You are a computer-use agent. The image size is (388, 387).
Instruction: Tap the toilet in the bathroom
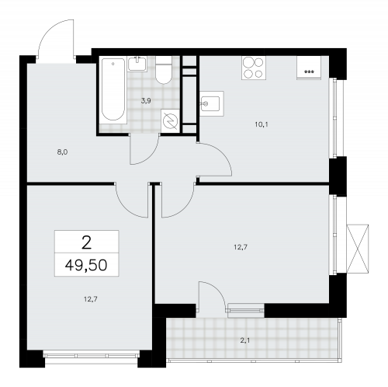[x=164, y=72]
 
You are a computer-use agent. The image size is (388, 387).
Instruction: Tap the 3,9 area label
[x=145, y=100]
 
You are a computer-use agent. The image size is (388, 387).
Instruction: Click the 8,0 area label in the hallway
[x=63, y=152]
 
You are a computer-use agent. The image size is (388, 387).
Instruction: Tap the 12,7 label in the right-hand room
[x=241, y=249]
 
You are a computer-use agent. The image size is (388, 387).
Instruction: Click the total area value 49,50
[x=85, y=265]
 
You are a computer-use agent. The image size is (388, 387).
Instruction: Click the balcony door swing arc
[x=210, y=295]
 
